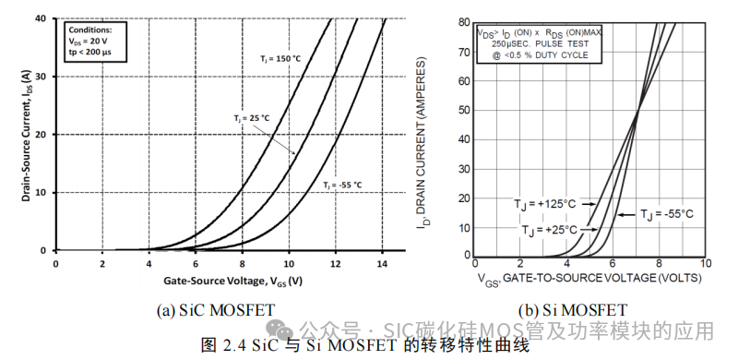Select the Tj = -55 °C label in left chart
pyautogui.click(x=342, y=186)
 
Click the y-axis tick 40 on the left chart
pyautogui.click(x=40, y=18)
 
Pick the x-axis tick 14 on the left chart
pyautogui.click(x=382, y=262)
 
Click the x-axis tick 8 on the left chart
pyautogui.click(x=242, y=262)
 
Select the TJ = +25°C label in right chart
pyautogui.click(x=549, y=230)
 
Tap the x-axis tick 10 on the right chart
pyautogui.click(x=705, y=265)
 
